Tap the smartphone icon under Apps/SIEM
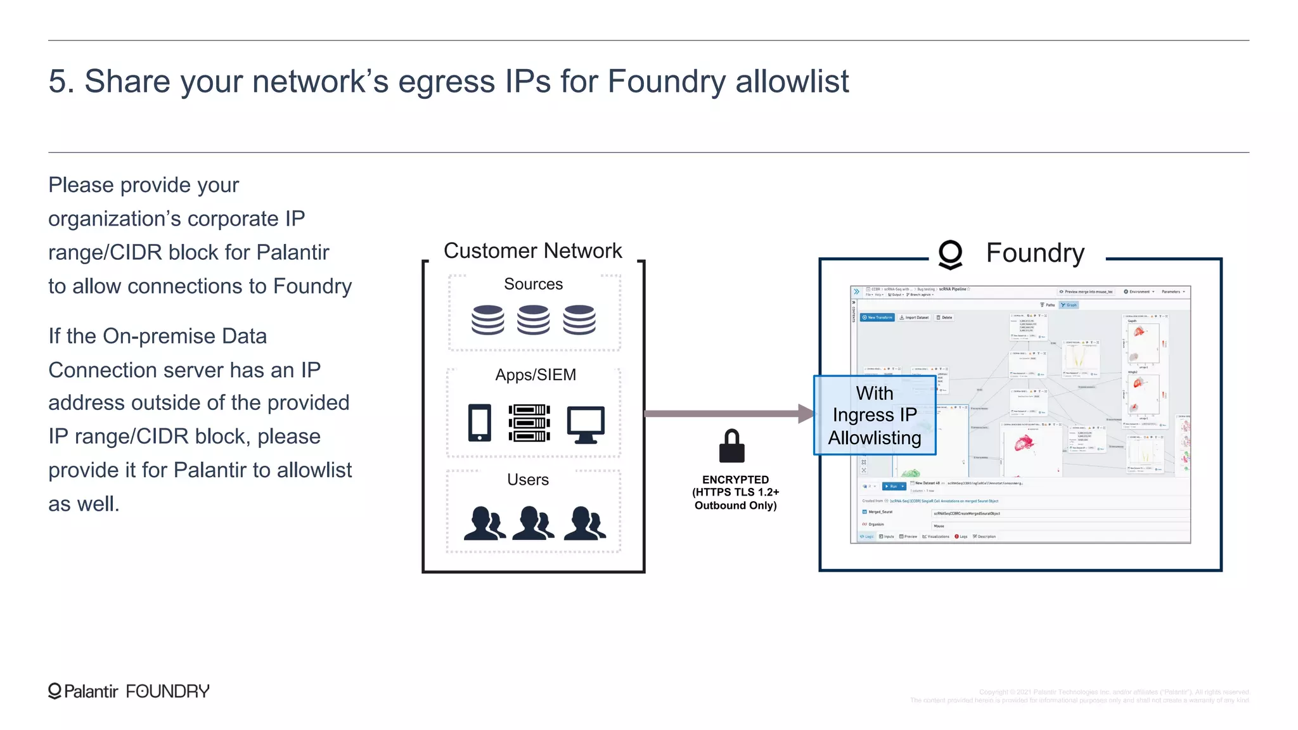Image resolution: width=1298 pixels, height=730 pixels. [480, 423]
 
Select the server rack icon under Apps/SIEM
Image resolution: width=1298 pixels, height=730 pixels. [529, 423]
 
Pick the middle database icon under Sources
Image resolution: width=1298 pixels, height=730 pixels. [533, 319]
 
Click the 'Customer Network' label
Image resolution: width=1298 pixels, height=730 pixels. [532, 251]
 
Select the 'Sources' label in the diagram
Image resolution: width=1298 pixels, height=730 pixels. [533, 284]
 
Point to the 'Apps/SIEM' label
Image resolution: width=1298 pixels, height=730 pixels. [536, 375]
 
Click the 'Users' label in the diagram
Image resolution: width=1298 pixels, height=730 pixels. [528, 480]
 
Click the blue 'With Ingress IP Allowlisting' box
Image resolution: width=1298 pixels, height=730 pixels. [875, 415]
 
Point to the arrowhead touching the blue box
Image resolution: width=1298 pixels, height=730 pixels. [806, 414]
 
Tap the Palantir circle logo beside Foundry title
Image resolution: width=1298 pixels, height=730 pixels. [950, 254]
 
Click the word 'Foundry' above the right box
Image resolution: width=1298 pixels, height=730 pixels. [1035, 253]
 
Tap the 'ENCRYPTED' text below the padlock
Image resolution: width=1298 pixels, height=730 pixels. [735, 480]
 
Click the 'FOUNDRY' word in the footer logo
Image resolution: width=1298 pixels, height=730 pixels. [167, 691]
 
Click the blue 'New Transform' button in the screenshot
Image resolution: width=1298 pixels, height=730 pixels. [877, 317]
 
